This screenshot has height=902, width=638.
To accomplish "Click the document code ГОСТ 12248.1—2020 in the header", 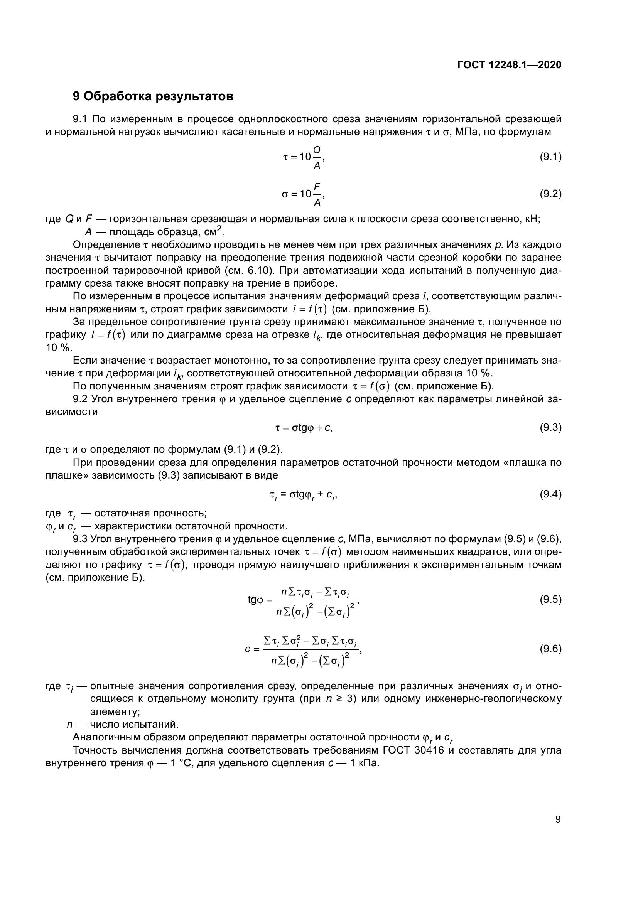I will coord(509,65).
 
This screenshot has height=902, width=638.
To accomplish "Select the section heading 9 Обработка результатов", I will coord(153,96).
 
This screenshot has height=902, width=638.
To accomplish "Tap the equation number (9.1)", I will coord(550,157).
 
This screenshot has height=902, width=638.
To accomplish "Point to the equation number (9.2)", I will coord(550,194).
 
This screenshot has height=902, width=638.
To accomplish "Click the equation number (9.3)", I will coord(550,427).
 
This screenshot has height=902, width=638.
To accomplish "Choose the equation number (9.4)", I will coord(550,494).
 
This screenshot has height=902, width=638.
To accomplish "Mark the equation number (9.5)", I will coord(550,600).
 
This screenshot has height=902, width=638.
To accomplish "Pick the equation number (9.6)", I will coord(550,649).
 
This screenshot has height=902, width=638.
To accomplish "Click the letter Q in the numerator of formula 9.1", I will coord(317,150).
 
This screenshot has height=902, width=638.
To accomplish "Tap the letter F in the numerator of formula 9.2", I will coord(317,186).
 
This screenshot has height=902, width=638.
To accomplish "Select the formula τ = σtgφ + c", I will coord(304,428).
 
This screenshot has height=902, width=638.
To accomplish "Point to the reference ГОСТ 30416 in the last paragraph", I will coord(413,750).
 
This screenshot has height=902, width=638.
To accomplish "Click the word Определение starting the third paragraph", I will coord(106,245).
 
